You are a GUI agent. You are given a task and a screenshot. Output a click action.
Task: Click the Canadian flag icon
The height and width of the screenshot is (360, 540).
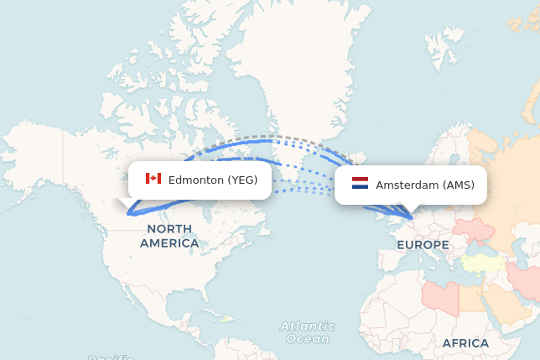click(x=153, y=179)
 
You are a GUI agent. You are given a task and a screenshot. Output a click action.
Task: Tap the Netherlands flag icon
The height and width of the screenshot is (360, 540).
click(x=360, y=184)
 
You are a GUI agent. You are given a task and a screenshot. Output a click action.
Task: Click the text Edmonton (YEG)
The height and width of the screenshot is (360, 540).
click(x=213, y=180)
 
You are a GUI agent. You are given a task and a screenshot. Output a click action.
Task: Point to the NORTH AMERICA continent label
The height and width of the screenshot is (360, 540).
click(x=169, y=236)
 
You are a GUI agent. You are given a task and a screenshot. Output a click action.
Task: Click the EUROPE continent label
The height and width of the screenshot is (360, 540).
click(x=423, y=244)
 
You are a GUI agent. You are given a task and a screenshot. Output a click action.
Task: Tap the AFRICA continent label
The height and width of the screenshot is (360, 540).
click(x=465, y=343)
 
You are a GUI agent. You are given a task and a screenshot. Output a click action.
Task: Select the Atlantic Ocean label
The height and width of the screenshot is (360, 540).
click(x=307, y=331)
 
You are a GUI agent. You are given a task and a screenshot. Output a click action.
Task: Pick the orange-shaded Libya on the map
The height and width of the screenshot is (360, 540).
click(x=440, y=296)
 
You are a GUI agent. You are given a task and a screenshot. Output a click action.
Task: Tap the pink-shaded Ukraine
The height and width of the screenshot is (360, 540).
click(x=473, y=229)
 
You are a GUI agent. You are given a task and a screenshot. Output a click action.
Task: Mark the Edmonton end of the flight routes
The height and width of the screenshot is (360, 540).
click(x=130, y=213)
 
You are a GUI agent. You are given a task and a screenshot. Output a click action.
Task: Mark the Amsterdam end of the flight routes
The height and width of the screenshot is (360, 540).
click(x=412, y=217)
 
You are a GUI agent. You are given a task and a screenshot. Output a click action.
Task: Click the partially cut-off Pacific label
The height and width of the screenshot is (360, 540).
click(x=111, y=357)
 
